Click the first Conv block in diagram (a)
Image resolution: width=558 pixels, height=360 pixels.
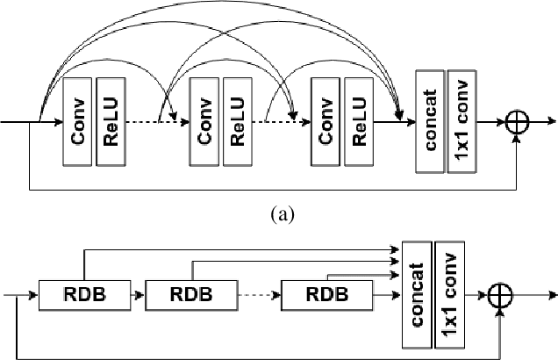tap(78, 120)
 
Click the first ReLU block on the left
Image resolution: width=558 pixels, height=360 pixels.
tap(111, 120)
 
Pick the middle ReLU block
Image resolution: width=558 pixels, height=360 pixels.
tap(238, 120)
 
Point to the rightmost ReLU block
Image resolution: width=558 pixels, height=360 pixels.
tap(359, 120)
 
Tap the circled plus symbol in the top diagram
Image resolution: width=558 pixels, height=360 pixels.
tap(519, 122)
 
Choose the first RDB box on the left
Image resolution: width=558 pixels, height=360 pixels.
tap(84, 294)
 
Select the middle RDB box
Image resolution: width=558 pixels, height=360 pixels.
tap(190, 294)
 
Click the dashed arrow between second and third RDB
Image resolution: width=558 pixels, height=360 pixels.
tap(260, 295)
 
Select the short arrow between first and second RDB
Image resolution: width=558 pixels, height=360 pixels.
tap(137, 295)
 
